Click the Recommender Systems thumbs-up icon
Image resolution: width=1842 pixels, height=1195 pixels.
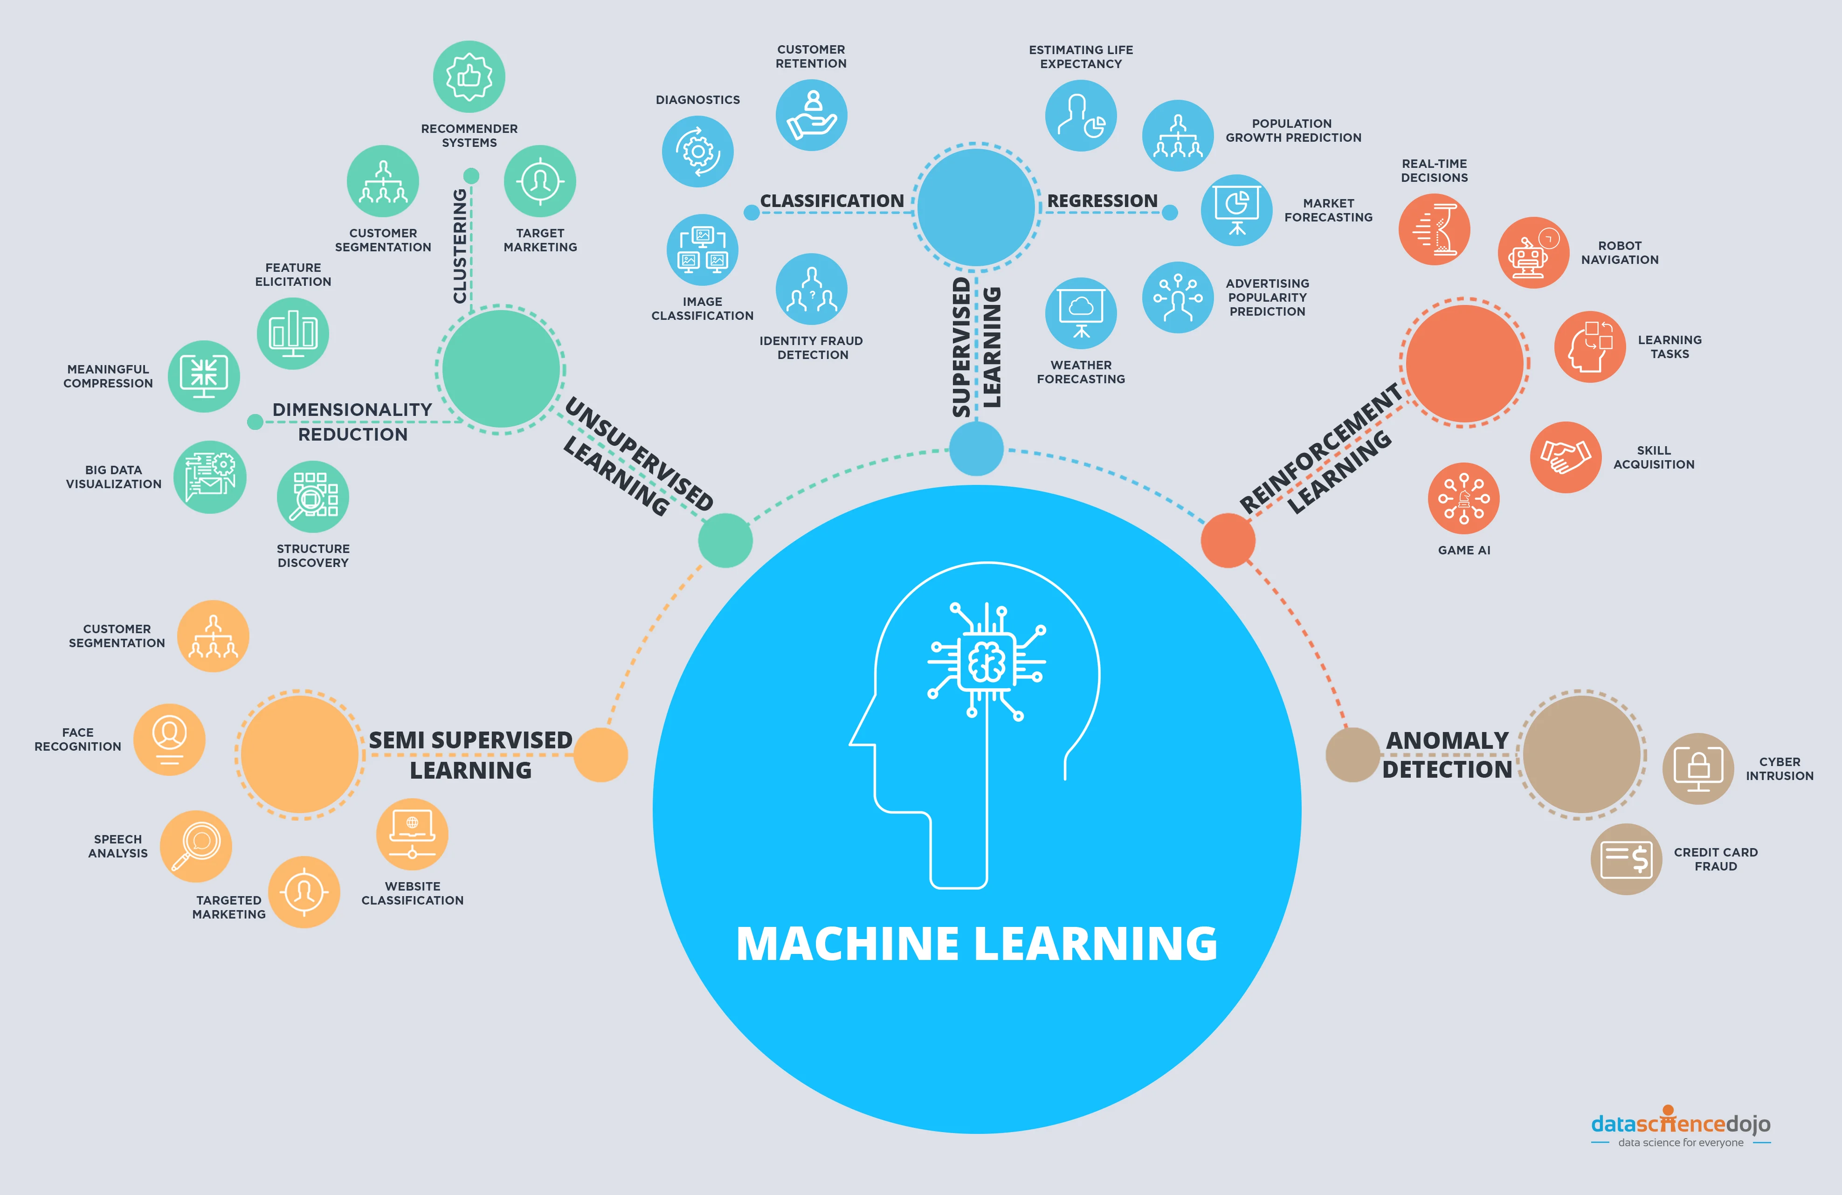point(469,76)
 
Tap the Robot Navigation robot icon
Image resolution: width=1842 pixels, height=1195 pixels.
point(1533,253)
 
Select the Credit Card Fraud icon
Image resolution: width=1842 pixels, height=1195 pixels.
point(1626,859)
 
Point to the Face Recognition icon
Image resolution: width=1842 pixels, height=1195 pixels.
point(170,739)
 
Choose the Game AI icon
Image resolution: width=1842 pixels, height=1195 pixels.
point(1463,498)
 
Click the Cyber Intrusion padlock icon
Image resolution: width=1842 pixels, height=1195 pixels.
point(1698,768)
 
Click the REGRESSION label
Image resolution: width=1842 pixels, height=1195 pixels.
point(1102,201)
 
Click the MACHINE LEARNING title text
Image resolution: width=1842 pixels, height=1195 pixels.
point(977,944)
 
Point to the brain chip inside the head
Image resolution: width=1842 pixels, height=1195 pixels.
point(987,662)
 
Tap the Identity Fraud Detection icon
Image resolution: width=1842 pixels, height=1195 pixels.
point(811,290)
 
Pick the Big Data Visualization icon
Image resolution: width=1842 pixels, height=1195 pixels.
point(210,477)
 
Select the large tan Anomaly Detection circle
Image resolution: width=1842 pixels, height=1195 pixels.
point(1581,754)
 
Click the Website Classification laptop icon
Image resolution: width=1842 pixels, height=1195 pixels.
point(412,834)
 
